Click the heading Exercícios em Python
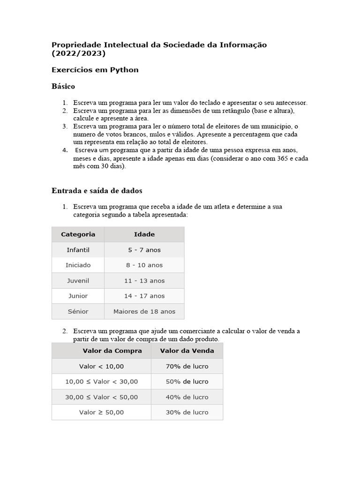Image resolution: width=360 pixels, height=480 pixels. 95,70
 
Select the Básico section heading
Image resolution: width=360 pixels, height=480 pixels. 63,87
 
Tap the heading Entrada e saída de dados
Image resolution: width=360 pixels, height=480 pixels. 97,191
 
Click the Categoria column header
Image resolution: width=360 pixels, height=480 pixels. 78,234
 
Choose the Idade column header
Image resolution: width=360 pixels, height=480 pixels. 144,234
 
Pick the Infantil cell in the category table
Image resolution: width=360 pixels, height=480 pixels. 78,250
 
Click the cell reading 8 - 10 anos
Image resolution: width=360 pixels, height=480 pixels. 144,265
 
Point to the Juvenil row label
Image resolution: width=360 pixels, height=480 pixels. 78,281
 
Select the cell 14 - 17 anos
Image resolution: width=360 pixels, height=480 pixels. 144,296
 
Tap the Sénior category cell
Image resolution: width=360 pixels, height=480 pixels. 78,311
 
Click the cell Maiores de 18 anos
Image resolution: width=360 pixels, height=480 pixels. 144,311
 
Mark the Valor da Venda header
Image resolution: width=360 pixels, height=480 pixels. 187,351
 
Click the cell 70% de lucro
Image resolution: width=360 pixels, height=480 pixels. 187,366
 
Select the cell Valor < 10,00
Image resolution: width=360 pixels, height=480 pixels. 102,366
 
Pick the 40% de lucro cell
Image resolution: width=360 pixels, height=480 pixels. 187,397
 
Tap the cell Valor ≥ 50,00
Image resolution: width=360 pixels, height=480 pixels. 102,412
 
